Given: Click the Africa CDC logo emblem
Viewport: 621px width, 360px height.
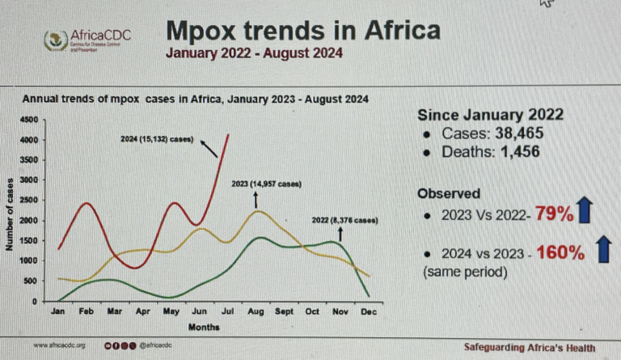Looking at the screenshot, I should point(56,38).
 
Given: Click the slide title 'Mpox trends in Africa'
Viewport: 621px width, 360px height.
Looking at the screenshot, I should point(303,31).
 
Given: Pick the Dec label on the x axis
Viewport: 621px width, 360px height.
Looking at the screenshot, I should point(369,311).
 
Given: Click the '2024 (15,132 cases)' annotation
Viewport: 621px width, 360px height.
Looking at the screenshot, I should point(157,139).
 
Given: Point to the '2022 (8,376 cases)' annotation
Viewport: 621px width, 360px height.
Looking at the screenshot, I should point(344,220).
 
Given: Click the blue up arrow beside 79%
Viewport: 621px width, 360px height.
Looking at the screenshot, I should point(588,214).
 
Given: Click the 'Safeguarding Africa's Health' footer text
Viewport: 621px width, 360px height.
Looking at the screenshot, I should point(528,346).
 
